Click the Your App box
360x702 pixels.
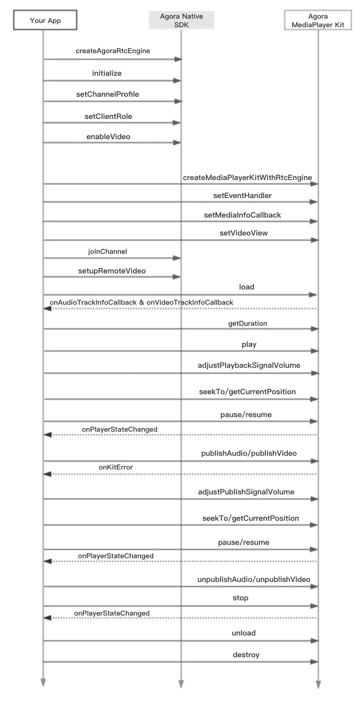(x=45, y=20)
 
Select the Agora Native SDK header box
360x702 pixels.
(x=181, y=20)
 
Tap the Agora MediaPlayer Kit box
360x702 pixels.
(x=318, y=20)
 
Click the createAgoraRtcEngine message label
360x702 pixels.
(x=113, y=51)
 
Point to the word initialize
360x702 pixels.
(x=107, y=73)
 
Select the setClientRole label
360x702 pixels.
(x=108, y=116)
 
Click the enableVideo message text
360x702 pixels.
(x=108, y=136)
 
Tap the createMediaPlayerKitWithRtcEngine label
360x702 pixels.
(x=247, y=177)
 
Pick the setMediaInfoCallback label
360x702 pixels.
(x=242, y=215)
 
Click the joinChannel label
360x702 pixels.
(x=107, y=252)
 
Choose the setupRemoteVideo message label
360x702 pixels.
(x=112, y=271)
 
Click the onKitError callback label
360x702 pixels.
(x=116, y=467)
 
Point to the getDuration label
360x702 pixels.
(x=248, y=323)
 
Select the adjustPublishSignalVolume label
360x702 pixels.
(x=246, y=492)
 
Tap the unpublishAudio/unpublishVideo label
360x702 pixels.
(x=254, y=579)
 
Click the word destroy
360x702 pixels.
(x=246, y=655)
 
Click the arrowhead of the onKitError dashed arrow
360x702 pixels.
(x=47, y=474)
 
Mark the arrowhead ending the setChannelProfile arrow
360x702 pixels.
(x=178, y=101)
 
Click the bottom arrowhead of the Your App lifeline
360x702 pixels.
(x=43, y=682)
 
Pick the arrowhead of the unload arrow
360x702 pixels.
(x=314, y=641)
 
